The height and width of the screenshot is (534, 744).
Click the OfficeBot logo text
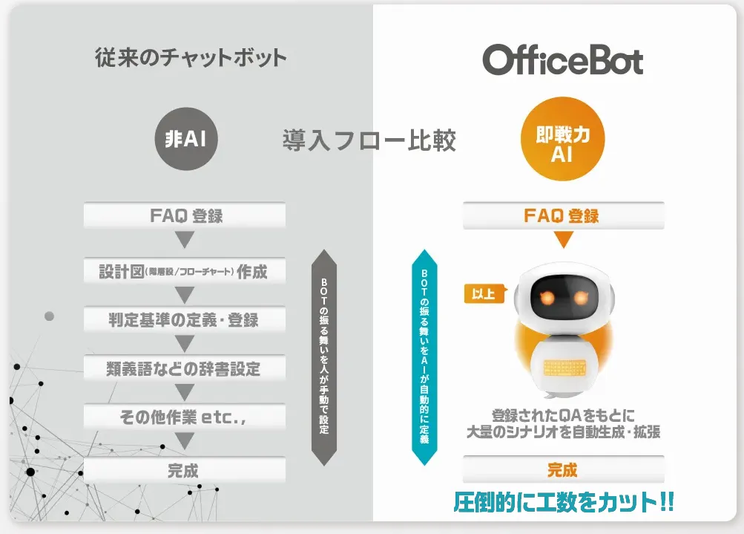click(x=563, y=60)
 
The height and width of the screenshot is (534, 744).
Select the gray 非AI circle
click(x=186, y=139)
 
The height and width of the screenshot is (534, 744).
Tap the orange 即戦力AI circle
click(x=563, y=139)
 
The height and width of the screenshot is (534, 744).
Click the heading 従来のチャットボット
click(x=191, y=57)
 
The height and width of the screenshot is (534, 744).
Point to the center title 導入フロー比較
click(x=369, y=140)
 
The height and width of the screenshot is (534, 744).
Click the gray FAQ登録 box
click(x=185, y=215)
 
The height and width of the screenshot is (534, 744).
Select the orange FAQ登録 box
click(x=563, y=215)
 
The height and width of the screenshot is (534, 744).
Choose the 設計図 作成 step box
click(x=185, y=271)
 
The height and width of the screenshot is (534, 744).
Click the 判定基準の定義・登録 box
click(x=185, y=319)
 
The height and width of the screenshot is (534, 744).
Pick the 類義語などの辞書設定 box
click(x=185, y=368)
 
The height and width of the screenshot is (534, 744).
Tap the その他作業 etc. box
click(x=185, y=417)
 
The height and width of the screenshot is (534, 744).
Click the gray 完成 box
click(x=185, y=470)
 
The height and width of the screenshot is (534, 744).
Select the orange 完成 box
click(x=563, y=470)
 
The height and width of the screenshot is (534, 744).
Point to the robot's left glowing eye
click(x=547, y=298)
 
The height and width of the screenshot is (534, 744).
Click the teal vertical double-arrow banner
click(x=424, y=357)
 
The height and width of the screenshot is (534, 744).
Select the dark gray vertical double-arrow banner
click(x=324, y=357)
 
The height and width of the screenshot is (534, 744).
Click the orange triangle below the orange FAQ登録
click(x=564, y=239)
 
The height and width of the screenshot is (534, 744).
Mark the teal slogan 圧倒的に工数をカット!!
click(x=564, y=502)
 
